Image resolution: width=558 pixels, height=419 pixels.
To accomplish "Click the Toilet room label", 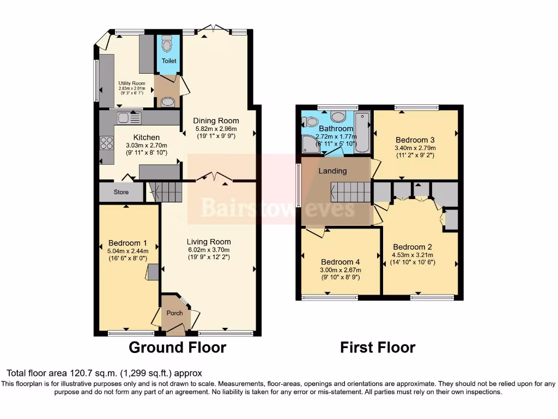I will pos(168,61).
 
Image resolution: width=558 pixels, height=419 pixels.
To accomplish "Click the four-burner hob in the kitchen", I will pos(106,143).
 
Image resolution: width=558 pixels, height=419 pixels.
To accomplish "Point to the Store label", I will pos(121,192).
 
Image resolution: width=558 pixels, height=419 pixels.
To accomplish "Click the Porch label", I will pos(174,313).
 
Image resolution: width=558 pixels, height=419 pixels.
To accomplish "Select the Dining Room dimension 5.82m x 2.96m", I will pos(216,129).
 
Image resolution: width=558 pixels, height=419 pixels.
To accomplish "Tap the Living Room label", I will pos(209,242).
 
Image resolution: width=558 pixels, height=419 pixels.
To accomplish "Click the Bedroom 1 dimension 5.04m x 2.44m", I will pos(128,252).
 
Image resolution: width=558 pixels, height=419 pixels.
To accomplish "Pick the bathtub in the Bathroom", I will pos(362,133).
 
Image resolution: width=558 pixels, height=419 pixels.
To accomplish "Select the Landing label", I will pos(332,171).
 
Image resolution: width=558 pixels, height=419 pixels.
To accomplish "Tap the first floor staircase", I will pos(351,192).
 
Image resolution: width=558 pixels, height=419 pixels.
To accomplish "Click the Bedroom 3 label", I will pos(416,139).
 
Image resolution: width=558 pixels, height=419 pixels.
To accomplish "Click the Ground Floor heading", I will pos(177,347).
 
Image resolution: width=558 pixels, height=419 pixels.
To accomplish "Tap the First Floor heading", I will pos(378,347).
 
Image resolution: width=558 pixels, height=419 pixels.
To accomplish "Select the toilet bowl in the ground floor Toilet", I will pos(168,43).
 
